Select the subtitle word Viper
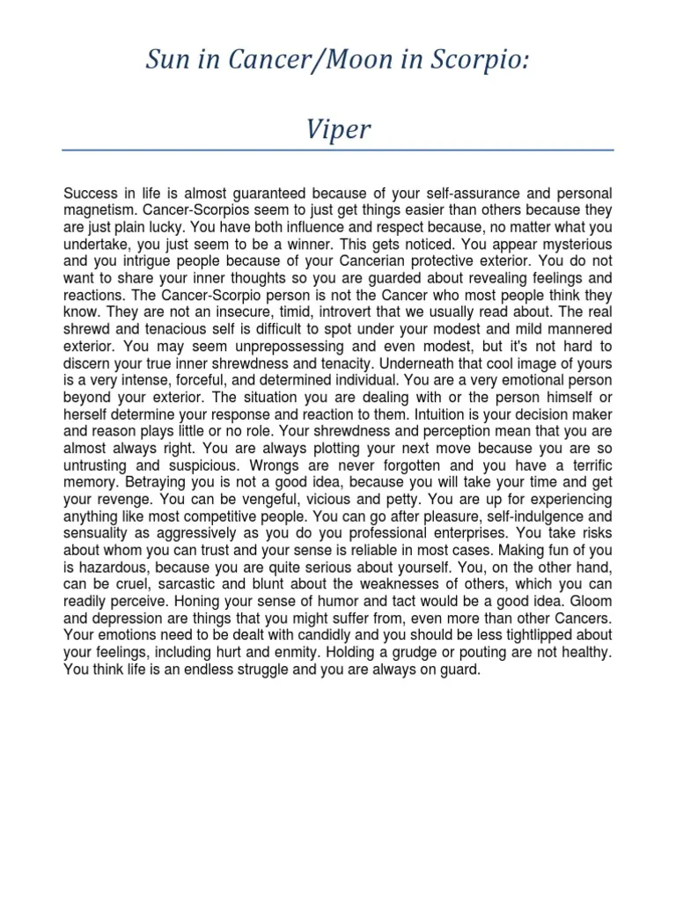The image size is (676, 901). [338, 130]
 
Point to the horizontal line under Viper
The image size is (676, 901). [338, 150]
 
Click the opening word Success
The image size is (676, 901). [92, 194]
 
